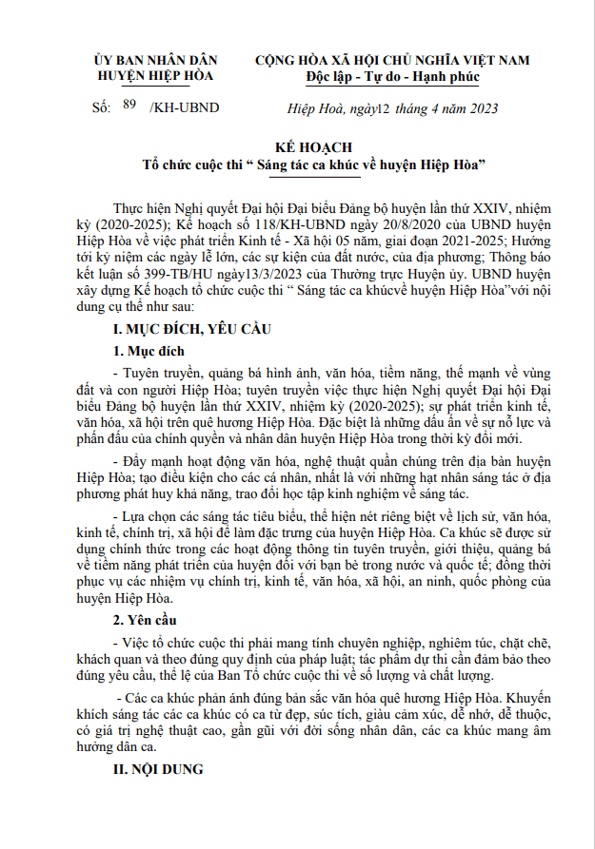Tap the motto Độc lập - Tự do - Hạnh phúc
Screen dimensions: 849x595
(x=392, y=76)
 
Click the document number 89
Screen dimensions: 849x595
(x=130, y=106)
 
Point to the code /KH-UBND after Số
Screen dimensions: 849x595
(x=184, y=107)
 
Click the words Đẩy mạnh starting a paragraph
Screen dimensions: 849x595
(x=153, y=461)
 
